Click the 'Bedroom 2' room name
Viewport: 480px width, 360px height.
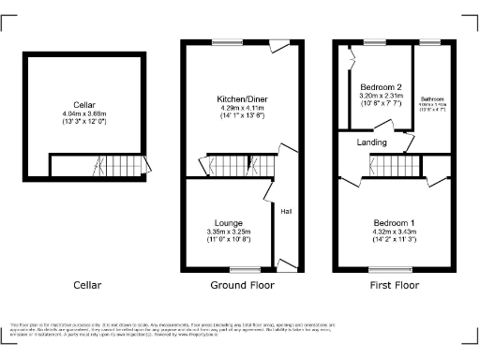[381, 85]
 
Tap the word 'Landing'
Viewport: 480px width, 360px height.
[372, 142]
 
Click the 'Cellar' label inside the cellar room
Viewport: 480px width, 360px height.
[83, 104]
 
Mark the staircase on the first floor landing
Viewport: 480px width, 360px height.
[385, 169]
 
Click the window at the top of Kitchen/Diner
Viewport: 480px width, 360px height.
[226, 41]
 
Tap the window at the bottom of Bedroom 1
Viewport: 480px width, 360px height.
[381, 270]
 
